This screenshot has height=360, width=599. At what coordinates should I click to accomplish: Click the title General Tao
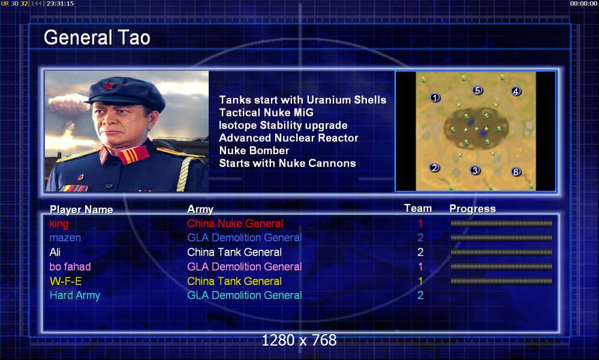coord(97,37)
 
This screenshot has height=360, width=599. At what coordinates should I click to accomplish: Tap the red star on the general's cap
coord(108,85)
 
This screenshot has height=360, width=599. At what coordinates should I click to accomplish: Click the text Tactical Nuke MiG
coord(266,112)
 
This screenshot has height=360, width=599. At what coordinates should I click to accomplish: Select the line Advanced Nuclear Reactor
coord(289,137)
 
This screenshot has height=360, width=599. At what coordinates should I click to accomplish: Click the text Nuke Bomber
coord(254,150)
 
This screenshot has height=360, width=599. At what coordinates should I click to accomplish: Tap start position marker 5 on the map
coord(477,91)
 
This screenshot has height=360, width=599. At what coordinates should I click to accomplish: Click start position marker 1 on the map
coord(435,98)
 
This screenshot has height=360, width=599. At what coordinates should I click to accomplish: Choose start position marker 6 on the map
coord(516,172)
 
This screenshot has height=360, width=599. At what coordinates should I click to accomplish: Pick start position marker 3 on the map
coord(475,170)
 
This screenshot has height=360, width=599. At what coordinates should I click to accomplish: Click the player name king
coord(59,224)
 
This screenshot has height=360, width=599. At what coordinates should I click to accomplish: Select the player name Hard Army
coord(75,295)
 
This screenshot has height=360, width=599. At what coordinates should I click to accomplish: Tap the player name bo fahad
coord(70,266)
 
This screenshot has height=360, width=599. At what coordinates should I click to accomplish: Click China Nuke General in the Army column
coord(235,224)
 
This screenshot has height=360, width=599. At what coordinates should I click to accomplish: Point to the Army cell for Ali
coord(234,252)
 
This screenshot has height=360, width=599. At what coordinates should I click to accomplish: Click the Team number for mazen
coord(420,238)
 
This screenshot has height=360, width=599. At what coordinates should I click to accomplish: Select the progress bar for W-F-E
coord(501,281)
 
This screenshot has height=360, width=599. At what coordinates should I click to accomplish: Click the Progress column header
coord(472,209)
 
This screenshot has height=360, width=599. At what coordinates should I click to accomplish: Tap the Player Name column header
coord(82,209)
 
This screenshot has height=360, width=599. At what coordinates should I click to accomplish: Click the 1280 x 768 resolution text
coord(299,340)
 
